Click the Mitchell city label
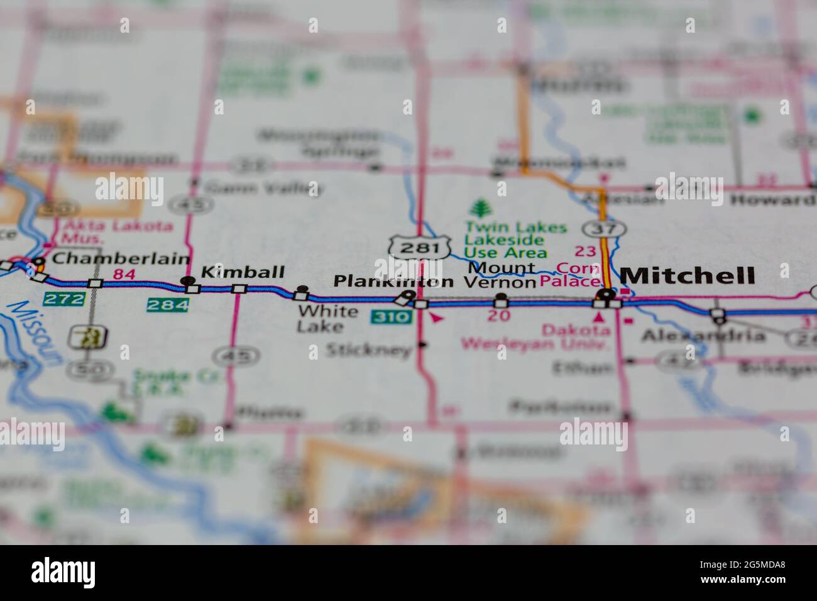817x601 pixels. click(688, 275)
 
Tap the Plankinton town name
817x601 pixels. click(393, 281)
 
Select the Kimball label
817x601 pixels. click(242, 272)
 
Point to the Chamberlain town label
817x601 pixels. click(121, 258)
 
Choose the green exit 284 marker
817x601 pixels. click(167, 305)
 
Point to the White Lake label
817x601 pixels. click(328, 319)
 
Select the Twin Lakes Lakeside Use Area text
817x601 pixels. click(506, 240)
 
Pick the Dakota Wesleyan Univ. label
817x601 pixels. click(535, 336)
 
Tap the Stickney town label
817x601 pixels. click(368, 350)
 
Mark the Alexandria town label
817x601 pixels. click(703, 336)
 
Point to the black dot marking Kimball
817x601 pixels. click(187, 280)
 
